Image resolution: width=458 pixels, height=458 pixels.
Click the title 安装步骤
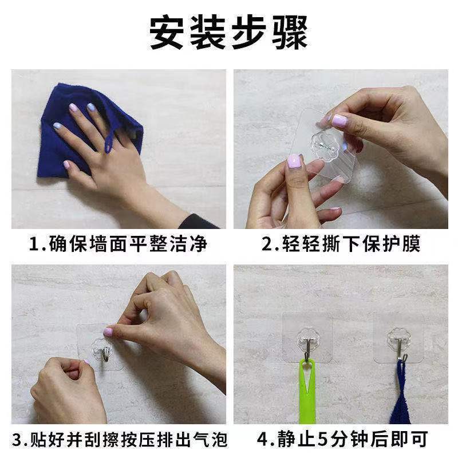click(x=228, y=32)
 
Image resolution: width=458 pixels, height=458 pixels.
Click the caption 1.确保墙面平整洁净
click(x=118, y=243)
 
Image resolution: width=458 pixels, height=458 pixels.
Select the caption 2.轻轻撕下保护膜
click(x=341, y=243)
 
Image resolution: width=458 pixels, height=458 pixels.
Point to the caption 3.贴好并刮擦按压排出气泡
click(x=120, y=439)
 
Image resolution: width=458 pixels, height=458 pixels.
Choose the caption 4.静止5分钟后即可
click(x=342, y=439)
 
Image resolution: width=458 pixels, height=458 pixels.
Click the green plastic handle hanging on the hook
click(x=307, y=392)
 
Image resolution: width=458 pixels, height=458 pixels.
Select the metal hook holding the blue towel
click(x=400, y=349)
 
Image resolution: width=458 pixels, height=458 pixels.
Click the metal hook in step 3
click(x=104, y=353)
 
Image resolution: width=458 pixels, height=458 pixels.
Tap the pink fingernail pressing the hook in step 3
click(x=108, y=332)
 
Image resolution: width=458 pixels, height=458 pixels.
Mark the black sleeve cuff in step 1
click(x=197, y=222)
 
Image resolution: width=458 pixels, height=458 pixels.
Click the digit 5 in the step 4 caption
click(x=322, y=439)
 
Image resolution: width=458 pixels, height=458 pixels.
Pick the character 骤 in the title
click(x=290, y=32)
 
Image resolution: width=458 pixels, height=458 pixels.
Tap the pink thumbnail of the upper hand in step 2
click(x=339, y=120)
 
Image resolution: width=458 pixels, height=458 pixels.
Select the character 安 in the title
click(x=167, y=32)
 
